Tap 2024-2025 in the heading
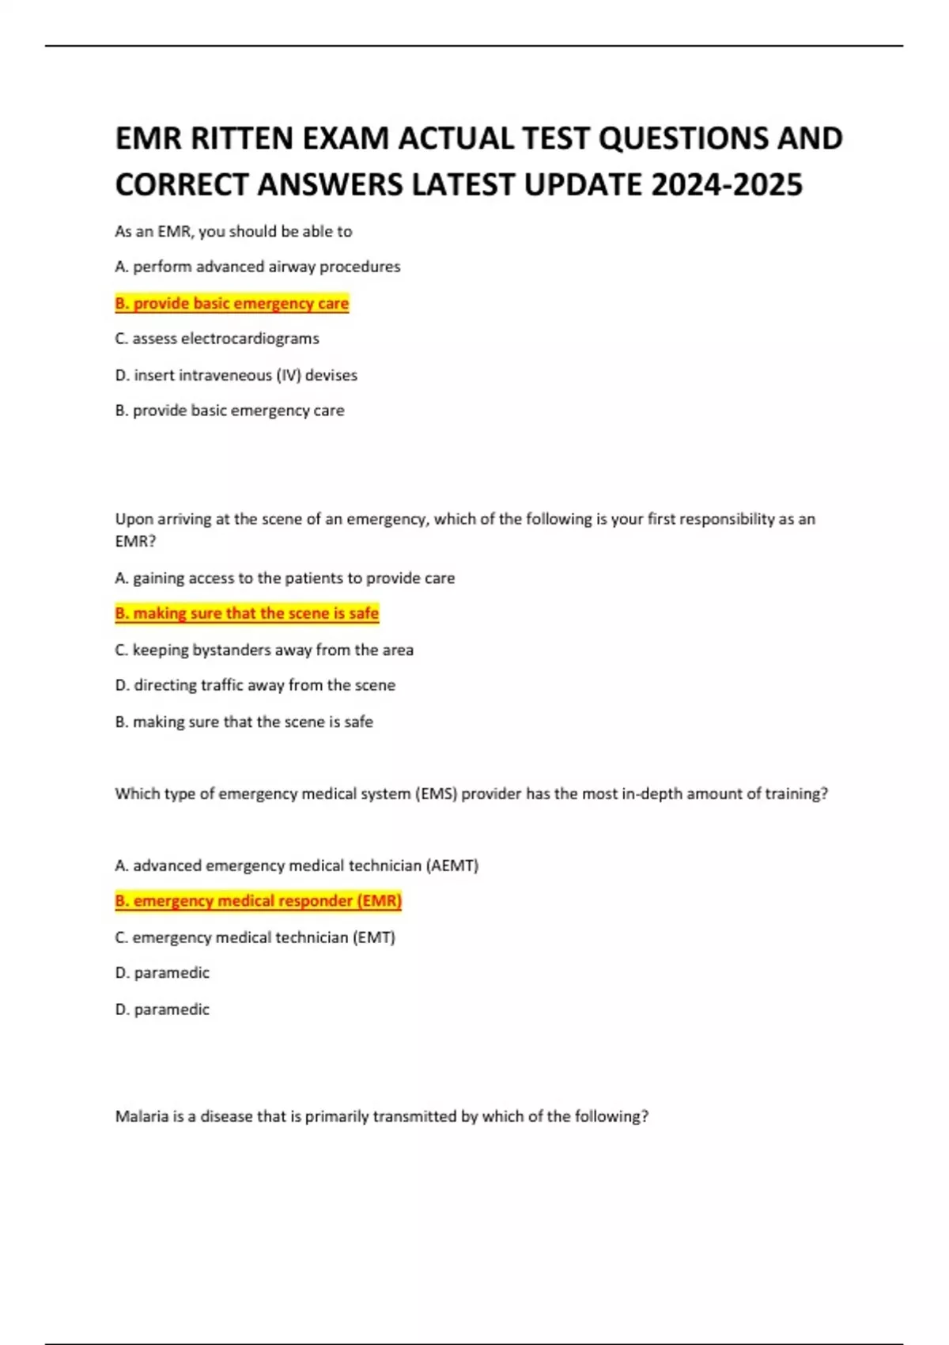tap(727, 185)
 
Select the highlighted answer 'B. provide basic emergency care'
tap(232, 303)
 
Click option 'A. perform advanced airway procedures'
tap(258, 267)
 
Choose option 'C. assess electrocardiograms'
tap(217, 339)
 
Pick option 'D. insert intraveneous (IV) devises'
tap(236, 375)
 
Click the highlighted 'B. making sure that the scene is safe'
tap(247, 613)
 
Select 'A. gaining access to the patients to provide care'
tap(285, 578)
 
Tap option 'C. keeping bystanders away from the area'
tap(264, 650)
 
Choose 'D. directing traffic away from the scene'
tap(255, 685)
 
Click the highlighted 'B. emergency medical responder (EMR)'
tap(259, 900)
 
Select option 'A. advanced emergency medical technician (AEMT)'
tap(297, 866)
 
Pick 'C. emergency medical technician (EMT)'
tap(255, 938)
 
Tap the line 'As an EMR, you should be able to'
tap(233, 232)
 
